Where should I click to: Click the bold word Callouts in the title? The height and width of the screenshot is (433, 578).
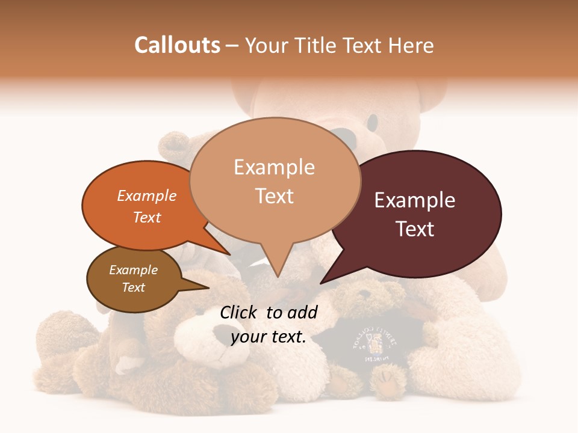(177, 45)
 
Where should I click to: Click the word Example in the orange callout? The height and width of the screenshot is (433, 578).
(147, 195)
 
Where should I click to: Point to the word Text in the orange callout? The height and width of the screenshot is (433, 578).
(147, 217)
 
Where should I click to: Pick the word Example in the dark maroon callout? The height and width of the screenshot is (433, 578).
(415, 200)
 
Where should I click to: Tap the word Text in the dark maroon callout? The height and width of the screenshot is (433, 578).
(415, 229)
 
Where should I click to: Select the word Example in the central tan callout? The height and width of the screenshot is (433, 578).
(275, 167)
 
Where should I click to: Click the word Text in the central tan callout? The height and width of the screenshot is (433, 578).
(275, 196)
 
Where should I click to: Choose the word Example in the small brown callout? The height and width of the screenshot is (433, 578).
(134, 270)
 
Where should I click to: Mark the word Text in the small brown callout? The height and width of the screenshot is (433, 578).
(134, 287)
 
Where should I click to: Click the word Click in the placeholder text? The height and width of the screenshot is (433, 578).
(240, 312)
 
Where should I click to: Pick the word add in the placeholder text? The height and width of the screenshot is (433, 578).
(302, 312)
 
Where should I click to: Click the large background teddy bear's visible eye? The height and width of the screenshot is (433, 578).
(373, 123)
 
